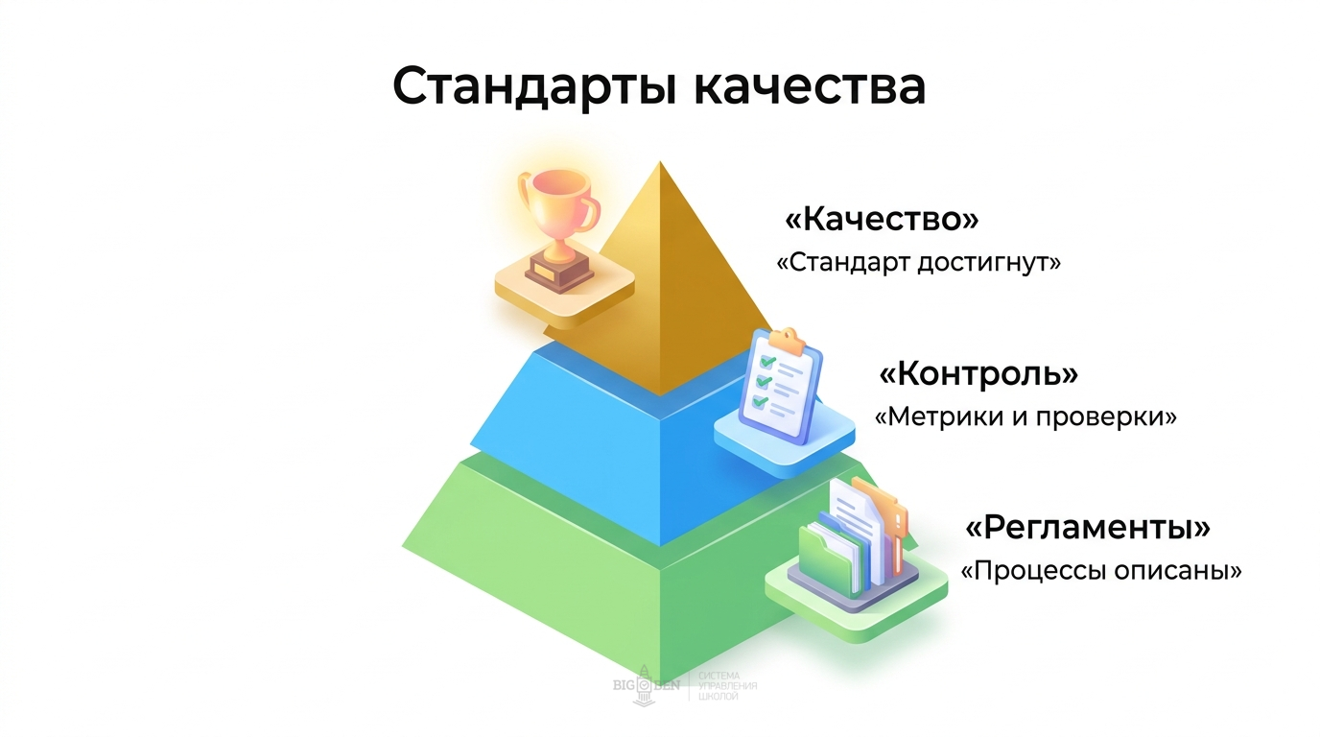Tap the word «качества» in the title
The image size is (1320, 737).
pyautogui.click(x=809, y=86)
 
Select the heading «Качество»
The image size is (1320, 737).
pyautogui.click(x=882, y=220)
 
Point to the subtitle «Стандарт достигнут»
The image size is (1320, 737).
pyautogui.click(x=918, y=262)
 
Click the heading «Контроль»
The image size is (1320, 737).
pyautogui.click(x=978, y=373)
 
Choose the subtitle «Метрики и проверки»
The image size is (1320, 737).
pyautogui.click(x=1025, y=417)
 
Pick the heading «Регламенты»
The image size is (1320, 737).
pyautogui.click(x=1087, y=528)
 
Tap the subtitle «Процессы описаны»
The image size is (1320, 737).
pyautogui.click(x=1101, y=571)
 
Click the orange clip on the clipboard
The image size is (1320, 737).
pyautogui.click(x=785, y=339)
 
